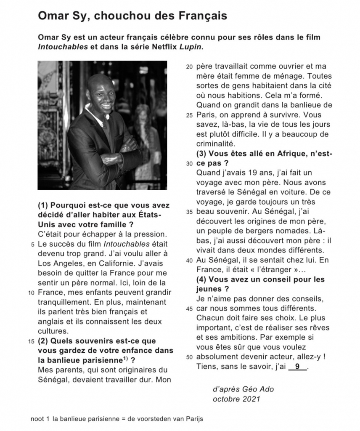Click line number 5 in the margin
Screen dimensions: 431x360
[x=33, y=244]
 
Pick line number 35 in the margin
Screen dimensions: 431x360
[x=189, y=211]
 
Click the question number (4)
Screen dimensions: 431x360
[x=201, y=279]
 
